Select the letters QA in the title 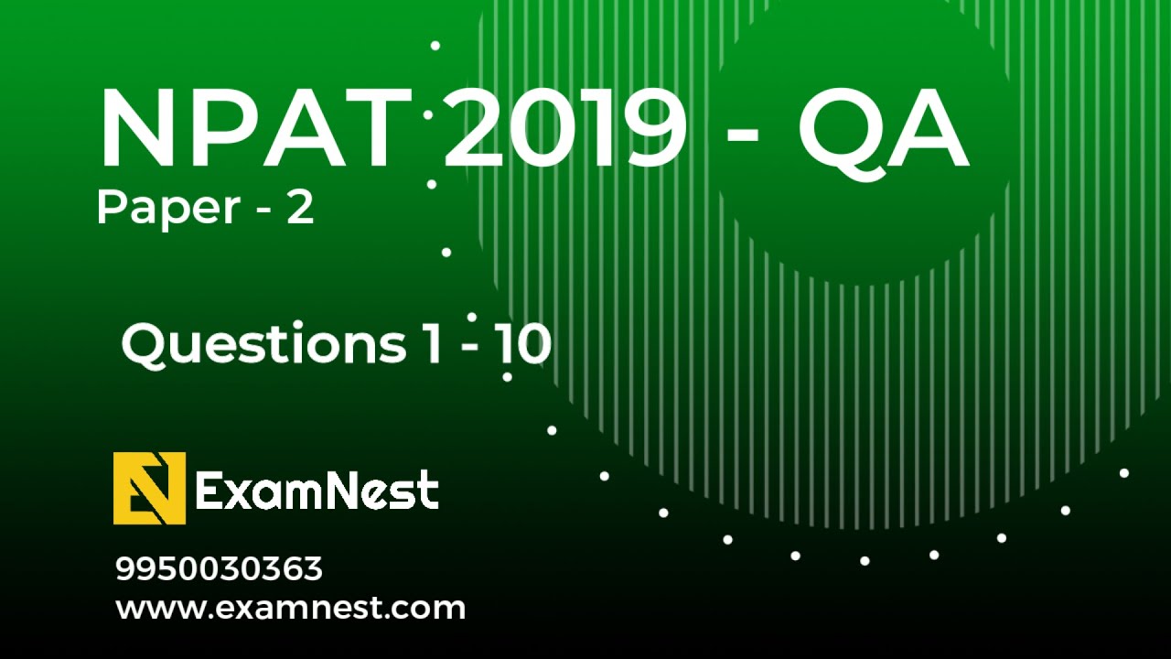point(883,130)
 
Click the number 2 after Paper point(300,209)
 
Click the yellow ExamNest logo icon point(149,488)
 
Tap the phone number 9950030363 point(219,569)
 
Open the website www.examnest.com point(290,608)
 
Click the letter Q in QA point(840,130)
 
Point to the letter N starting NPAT point(139,130)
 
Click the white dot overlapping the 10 point(507,376)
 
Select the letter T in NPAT point(371,130)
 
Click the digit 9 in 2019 point(652,130)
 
